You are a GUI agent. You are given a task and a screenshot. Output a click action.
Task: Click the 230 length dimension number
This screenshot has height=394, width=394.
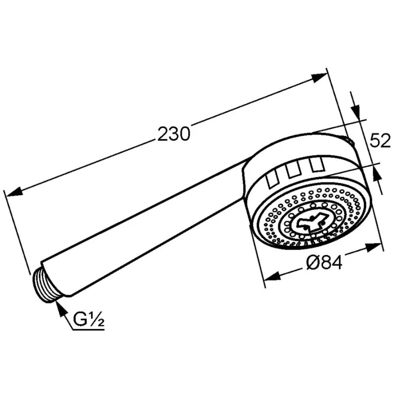pyautogui.click(x=174, y=133)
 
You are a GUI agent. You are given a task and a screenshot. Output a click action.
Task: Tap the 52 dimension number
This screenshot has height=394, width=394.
pyautogui.click(x=380, y=140)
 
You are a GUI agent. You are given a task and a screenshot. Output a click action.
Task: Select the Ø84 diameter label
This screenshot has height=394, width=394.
pyautogui.click(x=325, y=262)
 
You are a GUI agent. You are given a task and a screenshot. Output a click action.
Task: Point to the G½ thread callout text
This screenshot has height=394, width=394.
pyautogui.click(x=89, y=318)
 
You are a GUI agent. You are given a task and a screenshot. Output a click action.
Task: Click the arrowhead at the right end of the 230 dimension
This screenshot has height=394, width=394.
pyautogui.click(x=319, y=78)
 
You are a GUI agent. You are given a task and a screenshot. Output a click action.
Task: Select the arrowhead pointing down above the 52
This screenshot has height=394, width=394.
pyautogui.click(x=356, y=109)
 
